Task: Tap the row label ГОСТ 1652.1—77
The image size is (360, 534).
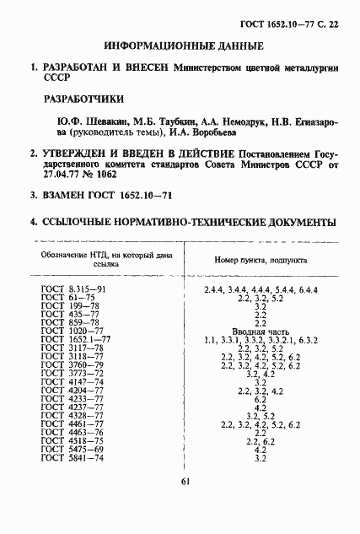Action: click(76, 340)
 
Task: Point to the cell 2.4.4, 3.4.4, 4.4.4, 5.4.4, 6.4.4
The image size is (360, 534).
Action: click(261, 290)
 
